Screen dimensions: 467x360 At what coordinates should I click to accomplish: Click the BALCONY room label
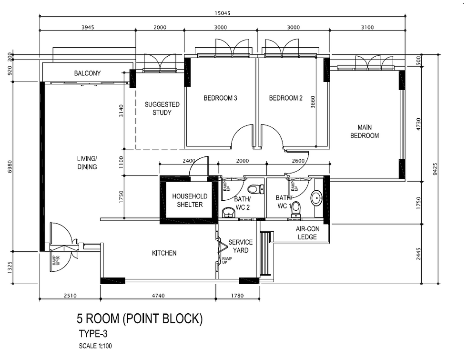pyautogui.click(x=87, y=73)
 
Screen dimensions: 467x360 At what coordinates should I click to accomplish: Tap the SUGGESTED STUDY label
pyautogui.click(x=162, y=109)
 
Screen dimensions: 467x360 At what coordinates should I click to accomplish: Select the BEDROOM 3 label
pyautogui.click(x=220, y=98)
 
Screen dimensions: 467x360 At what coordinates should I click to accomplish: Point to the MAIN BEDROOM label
pyautogui.click(x=365, y=132)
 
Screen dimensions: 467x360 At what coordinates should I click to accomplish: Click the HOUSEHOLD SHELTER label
pyautogui.click(x=190, y=200)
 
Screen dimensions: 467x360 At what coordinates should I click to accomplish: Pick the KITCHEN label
pyautogui.click(x=164, y=253)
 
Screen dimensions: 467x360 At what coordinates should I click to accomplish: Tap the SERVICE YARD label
pyautogui.click(x=240, y=246)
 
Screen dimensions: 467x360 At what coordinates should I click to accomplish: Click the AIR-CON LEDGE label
pyautogui.click(x=307, y=233)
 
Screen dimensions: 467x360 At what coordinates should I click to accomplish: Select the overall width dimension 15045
pyautogui.click(x=223, y=13)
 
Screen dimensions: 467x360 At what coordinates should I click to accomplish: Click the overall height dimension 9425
pyautogui.click(x=435, y=169)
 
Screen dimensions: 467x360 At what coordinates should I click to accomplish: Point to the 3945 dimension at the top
pyautogui.click(x=88, y=28)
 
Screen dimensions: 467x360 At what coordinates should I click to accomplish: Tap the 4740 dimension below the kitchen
pyautogui.click(x=158, y=296)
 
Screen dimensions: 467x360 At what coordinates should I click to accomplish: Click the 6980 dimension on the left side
pyautogui.click(x=10, y=166)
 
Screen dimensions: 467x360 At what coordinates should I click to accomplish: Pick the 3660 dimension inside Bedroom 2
pyautogui.click(x=313, y=102)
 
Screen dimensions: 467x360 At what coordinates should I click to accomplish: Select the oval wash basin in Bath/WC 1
pyautogui.click(x=316, y=198)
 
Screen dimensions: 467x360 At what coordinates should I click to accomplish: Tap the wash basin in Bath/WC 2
pyautogui.click(x=228, y=213)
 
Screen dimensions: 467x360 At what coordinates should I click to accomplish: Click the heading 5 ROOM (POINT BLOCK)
pyautogui.click(x=140, y=319)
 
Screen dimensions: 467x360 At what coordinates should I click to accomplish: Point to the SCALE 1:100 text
pyautogui.click(x=95, y=346)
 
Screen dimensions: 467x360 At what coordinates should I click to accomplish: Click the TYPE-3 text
pyautogui.click(x=93, y=334)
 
